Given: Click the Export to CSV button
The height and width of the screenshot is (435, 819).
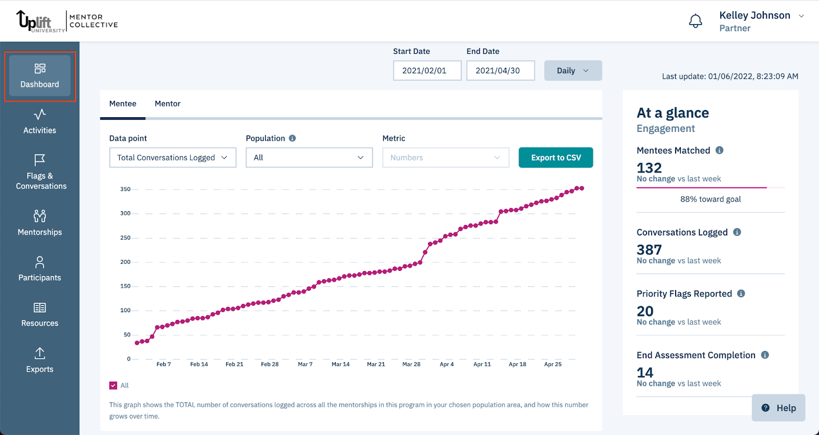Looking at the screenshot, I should click(555, 158).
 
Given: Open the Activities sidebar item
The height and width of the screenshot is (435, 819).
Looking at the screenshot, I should click(39, 122).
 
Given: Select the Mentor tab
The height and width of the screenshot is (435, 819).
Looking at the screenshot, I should click(167, 104).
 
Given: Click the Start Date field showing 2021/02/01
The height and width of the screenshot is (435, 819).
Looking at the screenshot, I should click(427, 71).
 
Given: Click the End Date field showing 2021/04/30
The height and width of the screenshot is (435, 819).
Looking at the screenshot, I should click(500, 71).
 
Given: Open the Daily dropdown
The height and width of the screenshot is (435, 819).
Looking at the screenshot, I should click(572, 71).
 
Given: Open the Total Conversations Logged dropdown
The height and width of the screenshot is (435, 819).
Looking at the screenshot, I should click(173, 158).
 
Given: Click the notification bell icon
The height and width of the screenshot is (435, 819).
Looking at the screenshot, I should click(695, 21).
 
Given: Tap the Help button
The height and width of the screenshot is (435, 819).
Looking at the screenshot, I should click(778, 408).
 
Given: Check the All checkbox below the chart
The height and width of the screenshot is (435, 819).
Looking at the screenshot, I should click(113, 385).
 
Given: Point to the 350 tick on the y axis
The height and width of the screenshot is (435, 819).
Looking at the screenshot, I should click(125, 189).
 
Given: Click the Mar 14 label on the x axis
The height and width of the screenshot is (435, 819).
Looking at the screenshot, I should click(340, 364).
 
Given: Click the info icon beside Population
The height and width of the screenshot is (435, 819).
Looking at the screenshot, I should click(292, 138).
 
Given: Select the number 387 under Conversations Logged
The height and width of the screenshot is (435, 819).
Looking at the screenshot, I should click(649, 250).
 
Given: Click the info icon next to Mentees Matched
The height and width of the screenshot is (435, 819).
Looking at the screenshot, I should click(719, 150).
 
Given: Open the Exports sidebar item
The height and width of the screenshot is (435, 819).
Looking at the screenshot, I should click(39, 360).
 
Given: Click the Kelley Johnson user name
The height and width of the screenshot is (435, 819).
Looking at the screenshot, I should click(755, 15).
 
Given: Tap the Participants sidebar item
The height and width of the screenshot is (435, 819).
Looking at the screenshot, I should click(39, 269).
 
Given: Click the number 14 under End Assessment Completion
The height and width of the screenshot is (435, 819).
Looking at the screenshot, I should click(645, 373).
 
